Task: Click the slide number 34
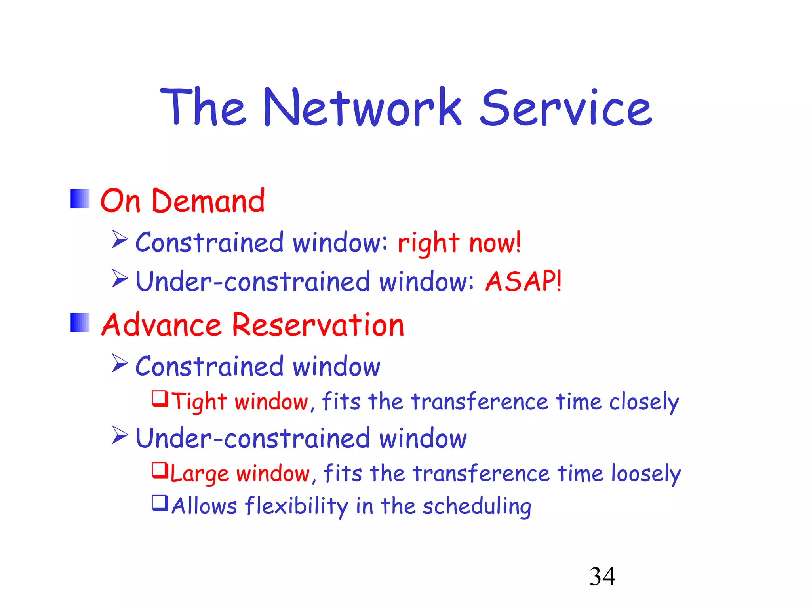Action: [602, 576]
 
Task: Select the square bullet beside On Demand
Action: [80, 199]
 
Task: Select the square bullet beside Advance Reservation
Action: [80, 323]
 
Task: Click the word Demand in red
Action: [208, 201]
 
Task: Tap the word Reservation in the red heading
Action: [318, 325]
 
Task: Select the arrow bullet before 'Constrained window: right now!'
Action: [120, 239]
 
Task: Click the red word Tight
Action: [199, 402]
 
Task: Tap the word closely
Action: [644, 402]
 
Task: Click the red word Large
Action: [199, 474]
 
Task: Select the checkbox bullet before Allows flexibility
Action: [160, 503]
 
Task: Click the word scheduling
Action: [477, 506]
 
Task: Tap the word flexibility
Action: [296, 506]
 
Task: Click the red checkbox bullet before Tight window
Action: [160, 399]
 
